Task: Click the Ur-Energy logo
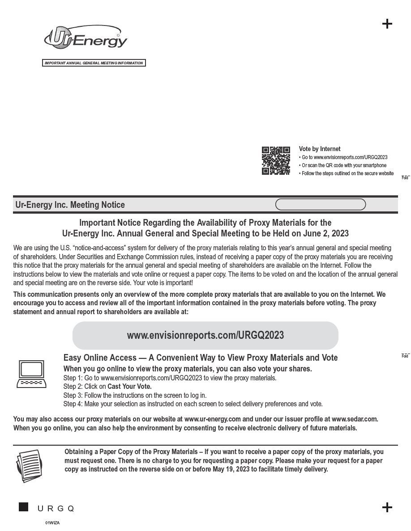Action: pyautogui.click(x=86, y=38)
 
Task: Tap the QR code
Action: pyautogui.click(x=276, y=160)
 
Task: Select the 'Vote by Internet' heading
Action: pyautogui.click(x=319, y=149)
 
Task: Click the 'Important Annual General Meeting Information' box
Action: pyautogui.click(x=94, y=63)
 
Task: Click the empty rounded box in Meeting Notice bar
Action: pyautogui.click(x=320, y=205)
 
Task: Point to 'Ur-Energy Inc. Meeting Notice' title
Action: pyautogui.click(x=70, y=205)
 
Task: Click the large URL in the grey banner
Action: pyautogui.click(x=205, y=335)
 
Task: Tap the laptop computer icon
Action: pyautogui.click(x=31, y=374)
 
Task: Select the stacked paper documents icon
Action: pyautogui.click(x=28, y=466)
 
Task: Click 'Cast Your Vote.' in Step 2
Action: pyautogui.click(x=129, y=387)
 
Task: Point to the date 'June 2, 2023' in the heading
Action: pyautogui.click(x=327, y=233)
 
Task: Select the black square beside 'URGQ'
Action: pyautogui.click(x=23, y=507)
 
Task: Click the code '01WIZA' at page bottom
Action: pyautogui.click(x=52, y=523)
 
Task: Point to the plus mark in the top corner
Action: pyautogui.click(x=387, y=24)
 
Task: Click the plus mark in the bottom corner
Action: pyautogui.click(x=387, y=507)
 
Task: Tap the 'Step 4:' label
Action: pyautogui.click(x=73, y=404)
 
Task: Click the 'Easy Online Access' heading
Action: pyautogui.click(x=100, y=358)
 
